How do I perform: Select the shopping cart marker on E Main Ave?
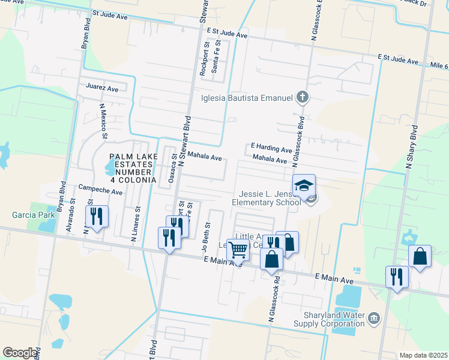[238, 250]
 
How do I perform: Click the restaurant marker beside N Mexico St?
[96, 216]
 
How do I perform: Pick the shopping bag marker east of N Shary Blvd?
[420, 256]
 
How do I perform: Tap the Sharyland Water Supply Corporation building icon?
[374, 317]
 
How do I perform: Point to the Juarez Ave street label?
[102, 88]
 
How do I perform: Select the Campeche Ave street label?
[100, 193]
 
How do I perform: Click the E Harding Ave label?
[271, 148]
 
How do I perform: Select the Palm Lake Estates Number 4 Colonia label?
[133, 168]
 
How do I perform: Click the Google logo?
[20, 353]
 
